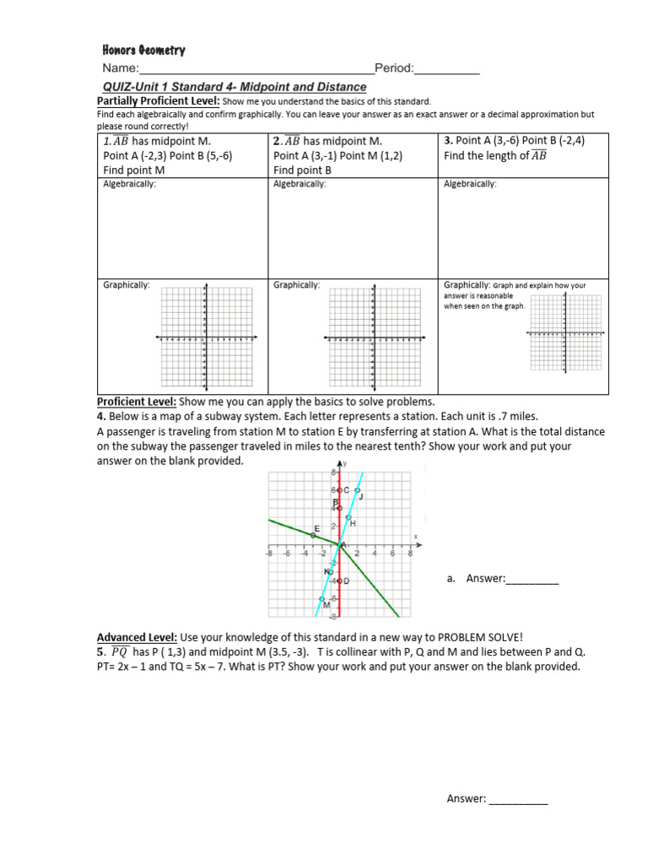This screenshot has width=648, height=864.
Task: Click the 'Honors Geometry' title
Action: (143, 50)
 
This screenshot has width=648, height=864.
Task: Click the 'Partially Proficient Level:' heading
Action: (158, 101)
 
